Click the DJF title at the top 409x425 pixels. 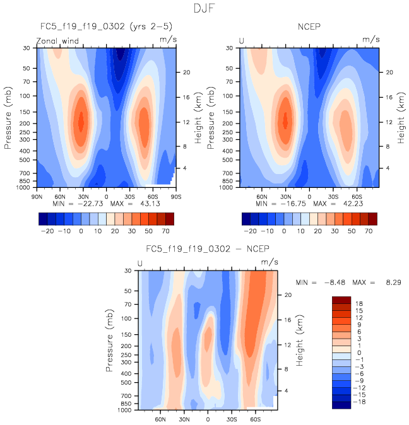pyautogui.click(x=204, y=9)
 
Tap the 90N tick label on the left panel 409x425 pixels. pyautogui.click(x=37, y=195)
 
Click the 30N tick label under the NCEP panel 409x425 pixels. pyautogui.click(x=285, y=195)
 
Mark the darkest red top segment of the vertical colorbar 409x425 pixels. pyautogui.click(x=341, y=300)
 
